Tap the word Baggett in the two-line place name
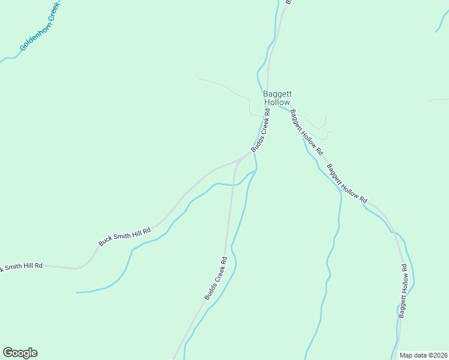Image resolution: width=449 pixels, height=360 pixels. pos(277,94)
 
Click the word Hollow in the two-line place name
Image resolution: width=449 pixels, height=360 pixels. pos(277,103)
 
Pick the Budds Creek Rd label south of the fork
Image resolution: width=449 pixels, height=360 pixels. pos(215,278)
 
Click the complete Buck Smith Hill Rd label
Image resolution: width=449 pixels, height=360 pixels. pos(125,231)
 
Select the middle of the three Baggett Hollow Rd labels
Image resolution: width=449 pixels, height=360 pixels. pos(347,184)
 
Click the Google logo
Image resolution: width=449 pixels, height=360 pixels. pos(20,353)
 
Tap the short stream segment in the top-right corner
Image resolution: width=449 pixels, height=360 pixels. pos(442,20)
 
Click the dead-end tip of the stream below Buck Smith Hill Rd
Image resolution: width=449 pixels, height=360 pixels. pos(77,292)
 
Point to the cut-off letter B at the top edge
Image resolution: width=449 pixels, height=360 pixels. pos(288,2)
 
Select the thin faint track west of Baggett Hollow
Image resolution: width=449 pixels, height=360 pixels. pos(222,85)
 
